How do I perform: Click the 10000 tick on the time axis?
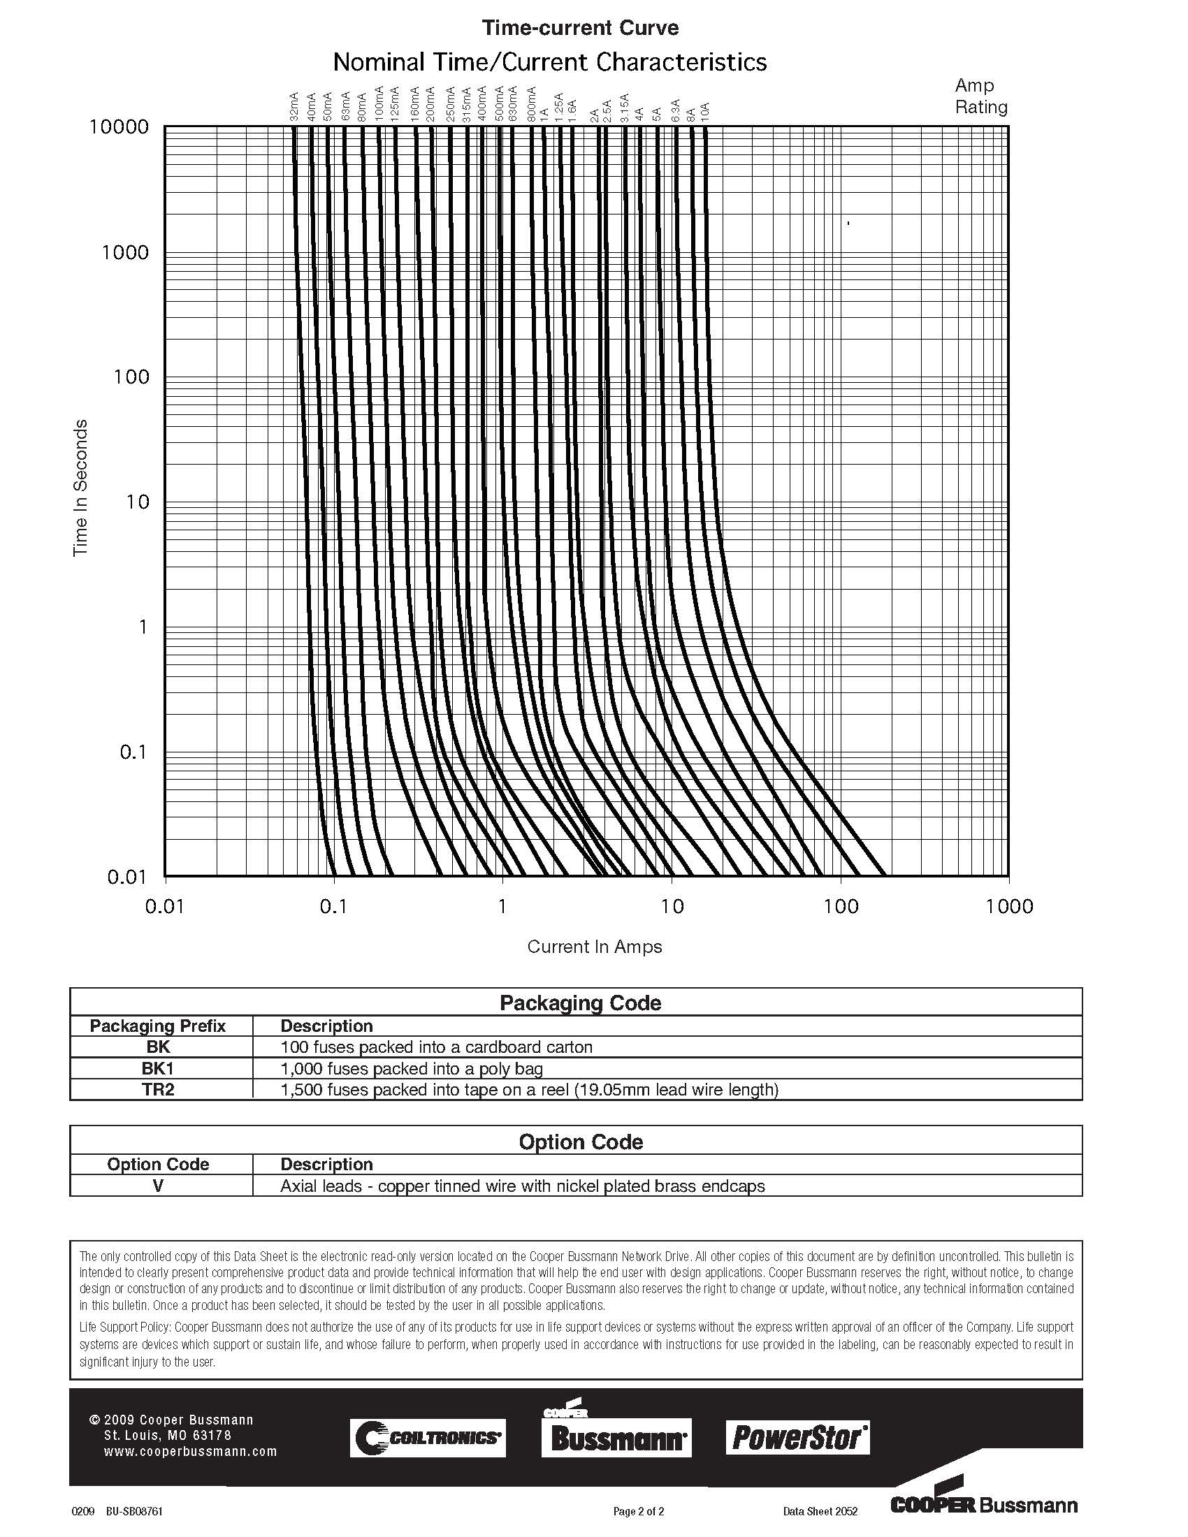119,127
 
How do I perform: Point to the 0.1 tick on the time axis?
133,752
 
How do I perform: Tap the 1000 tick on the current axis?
1009,906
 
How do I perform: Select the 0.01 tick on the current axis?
165,906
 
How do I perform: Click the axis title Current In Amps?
595,947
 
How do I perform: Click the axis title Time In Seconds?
80,488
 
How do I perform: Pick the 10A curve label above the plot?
705,110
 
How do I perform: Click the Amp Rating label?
981,96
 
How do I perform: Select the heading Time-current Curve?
580,28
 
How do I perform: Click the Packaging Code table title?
580,1003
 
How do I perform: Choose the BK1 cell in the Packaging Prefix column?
158,1068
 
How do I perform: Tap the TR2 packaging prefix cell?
158,1089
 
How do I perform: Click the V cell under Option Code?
158,1186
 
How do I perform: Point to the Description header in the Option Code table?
326,1164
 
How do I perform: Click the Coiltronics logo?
428,1438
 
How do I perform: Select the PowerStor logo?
797,1437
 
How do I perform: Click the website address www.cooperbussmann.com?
190,1451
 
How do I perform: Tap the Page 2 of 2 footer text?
638,1511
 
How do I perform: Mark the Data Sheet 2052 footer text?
820,1511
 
